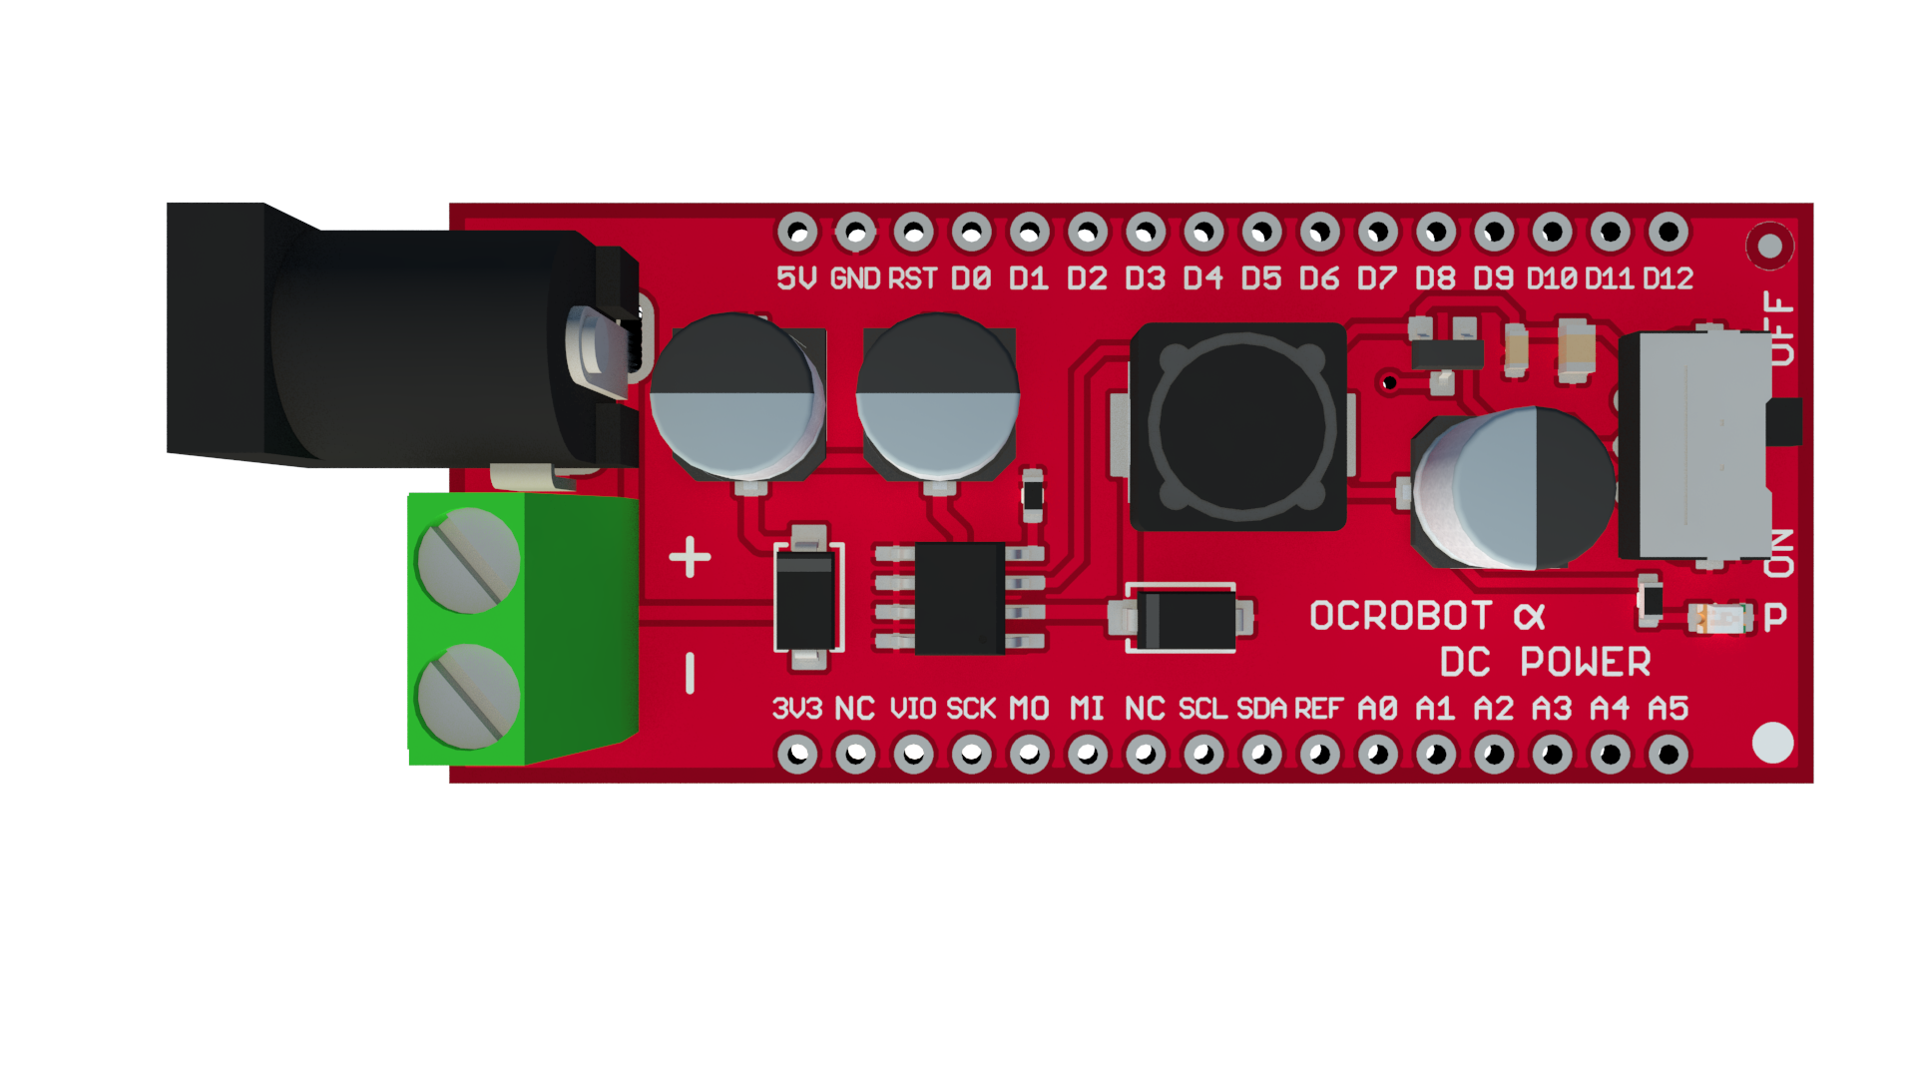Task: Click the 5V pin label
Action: (x=796, y=278)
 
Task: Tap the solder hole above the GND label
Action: (x=855, y=233)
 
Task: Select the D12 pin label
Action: (x=1669, y=278)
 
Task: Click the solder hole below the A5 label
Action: (x=1669, y=755)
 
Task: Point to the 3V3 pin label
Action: (x=797, y=709)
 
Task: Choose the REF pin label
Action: (x=1318, y=709)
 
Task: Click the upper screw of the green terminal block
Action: (x=468, y=560)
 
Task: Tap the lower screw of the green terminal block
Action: (x=468, y=696)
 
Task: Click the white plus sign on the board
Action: (x=690, y=557)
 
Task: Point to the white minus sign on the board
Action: (x=690, y=673)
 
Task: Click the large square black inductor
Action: (x=1238, y=426)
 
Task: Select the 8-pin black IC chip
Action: (x=960, y=598)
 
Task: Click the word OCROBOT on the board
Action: (x=1401, y=616)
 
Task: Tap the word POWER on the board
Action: (x=1586, y=662)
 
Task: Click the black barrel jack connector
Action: (x=402, y=335)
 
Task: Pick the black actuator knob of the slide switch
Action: (x=1784, y=422)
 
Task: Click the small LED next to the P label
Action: (x=1719, y=619)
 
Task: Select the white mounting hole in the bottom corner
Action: (x=1772, y=743)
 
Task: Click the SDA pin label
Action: (x=1261, y=709)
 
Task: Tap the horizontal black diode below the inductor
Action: (x=1182, y=619)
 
